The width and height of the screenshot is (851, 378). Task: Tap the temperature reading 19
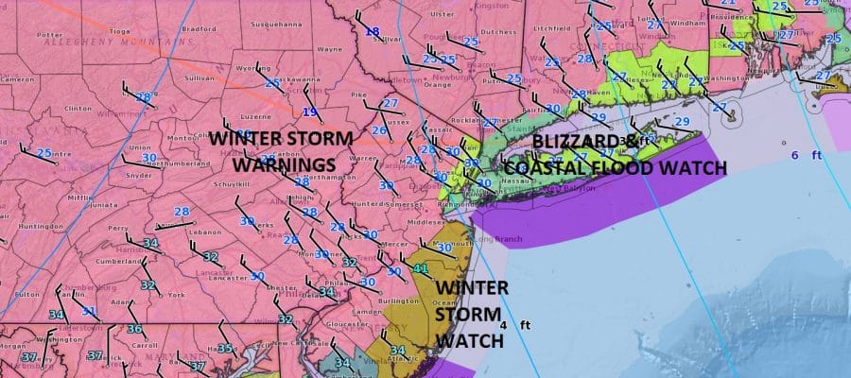pos(309,113)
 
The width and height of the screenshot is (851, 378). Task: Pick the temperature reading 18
pos(372,32)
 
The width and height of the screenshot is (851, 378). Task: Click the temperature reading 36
pos(134,329)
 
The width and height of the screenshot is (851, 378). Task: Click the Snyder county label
pos(138,175)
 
